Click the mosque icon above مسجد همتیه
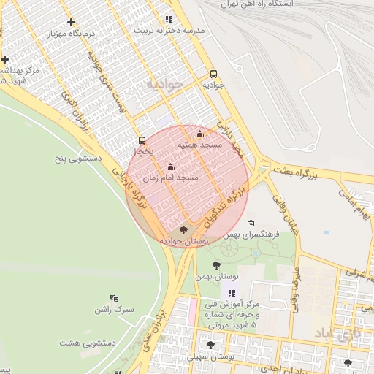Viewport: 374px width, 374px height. point(200,134)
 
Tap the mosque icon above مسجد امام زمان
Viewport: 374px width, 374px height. point(171,167)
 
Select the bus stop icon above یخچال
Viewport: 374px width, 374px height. point(142,140)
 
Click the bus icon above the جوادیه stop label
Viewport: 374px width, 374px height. point(213,74)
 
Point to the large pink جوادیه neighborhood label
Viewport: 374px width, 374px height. point(162,85)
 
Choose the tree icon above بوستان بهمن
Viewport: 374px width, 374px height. point(215,265)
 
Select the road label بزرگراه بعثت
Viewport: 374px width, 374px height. point(299,172)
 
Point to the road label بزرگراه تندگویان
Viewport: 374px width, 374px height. point(220,205)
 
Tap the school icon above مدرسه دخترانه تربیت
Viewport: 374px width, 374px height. point(169,20)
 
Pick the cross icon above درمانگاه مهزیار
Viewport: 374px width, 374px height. point(70,23)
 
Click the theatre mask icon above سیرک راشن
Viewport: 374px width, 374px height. point(114,298)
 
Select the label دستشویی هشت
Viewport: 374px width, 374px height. point(78,343)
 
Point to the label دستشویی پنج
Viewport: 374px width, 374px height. point(78,157)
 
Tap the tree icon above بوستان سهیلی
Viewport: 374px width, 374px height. point(211,345)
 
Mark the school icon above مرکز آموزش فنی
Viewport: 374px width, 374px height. point(233,293)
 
